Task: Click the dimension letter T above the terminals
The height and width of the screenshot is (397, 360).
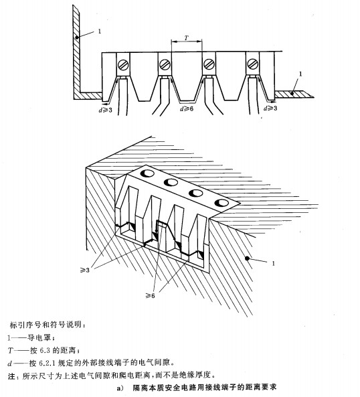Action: click(187, 38)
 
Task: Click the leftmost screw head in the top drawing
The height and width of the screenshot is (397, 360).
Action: click(122, 64)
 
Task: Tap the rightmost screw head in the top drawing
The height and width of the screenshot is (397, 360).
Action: click(252, 64)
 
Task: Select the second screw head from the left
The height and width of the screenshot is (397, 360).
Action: click(165, 64)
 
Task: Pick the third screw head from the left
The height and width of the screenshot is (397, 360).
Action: click(209, 64)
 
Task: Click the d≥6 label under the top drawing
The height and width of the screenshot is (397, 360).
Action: click(187, 109)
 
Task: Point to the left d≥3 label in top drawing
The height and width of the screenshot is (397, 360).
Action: click(105, 110)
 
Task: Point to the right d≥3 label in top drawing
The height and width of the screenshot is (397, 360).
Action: click(270, 108)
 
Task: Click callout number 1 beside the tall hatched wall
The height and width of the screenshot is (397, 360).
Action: click(100, 31)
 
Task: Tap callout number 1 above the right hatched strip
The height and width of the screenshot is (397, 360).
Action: click(300, 74)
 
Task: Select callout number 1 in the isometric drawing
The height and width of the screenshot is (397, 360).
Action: click(273, 264)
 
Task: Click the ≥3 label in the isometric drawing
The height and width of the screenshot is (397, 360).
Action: click(85, 270)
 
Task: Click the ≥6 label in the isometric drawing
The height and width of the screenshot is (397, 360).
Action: click(151, 295)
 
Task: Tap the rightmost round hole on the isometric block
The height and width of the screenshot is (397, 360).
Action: click(222, 203)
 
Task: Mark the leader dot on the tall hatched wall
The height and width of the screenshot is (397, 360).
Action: click(76, 37)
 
